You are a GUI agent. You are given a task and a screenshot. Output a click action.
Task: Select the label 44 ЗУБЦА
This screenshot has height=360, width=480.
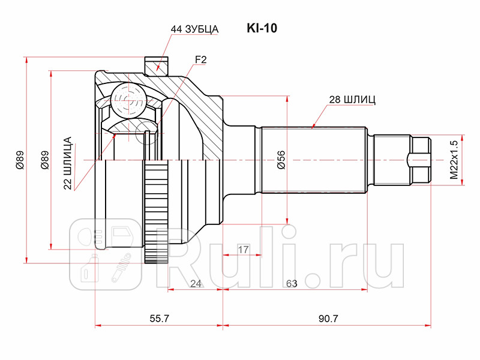coord(194,29)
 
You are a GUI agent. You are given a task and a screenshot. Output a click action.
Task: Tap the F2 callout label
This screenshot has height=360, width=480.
coord(200,59)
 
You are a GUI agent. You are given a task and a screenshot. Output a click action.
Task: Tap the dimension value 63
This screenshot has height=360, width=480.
coord(292,283)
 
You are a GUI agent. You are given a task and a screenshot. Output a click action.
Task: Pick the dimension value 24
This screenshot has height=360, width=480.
coord(195,283)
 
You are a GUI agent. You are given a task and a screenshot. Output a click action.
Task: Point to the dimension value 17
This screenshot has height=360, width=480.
coord(243,248)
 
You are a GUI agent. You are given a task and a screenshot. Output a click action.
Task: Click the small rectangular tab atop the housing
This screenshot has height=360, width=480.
coord(155,64)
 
